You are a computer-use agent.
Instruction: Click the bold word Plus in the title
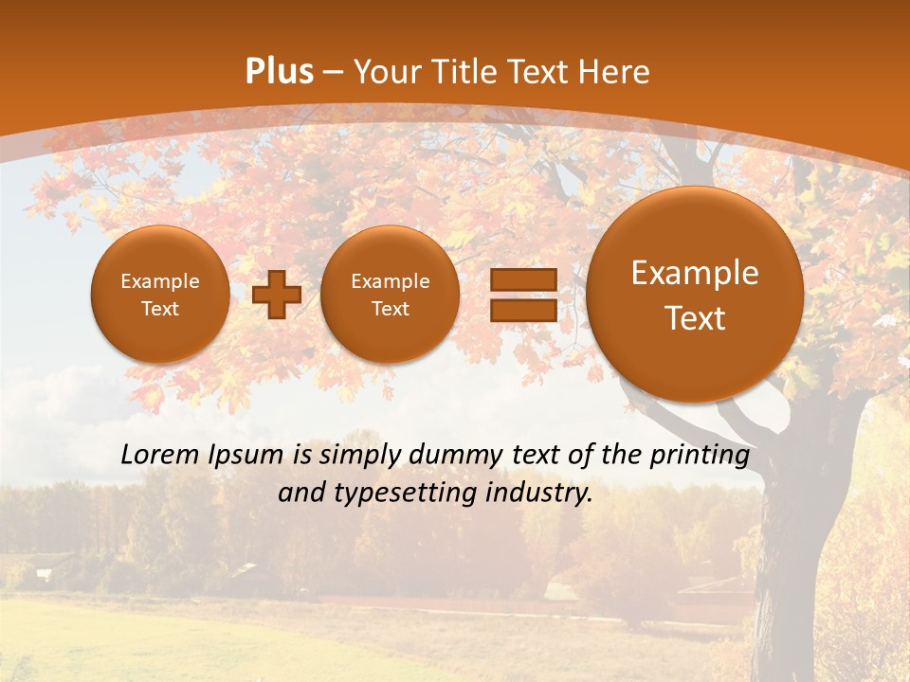(280, 72)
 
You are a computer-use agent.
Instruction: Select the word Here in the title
(616, 72)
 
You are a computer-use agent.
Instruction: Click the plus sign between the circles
(277, 295)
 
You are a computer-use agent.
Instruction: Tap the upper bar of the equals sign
(522, 280)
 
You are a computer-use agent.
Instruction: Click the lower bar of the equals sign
(522, 311)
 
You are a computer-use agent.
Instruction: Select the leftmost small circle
(159, 295)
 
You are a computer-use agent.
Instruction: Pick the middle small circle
(390, 295)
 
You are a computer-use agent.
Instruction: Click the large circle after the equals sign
(695, 295)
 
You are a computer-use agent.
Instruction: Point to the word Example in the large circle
(695, 273)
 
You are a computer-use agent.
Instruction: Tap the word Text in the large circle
(695, 318)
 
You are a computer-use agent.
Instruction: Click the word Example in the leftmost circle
(159, 281)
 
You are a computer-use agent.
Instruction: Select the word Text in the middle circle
(390, 309)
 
